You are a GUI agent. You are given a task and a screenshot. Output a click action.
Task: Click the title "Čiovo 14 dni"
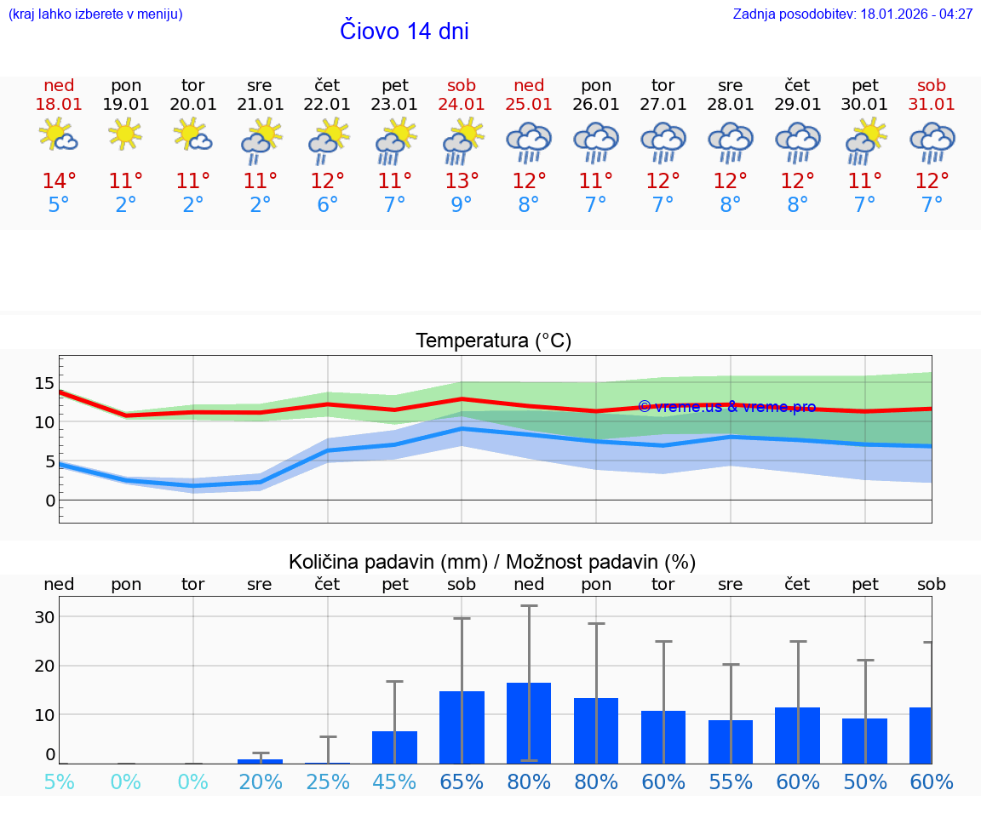404,31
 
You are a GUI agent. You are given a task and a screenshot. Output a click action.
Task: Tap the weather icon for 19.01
125,135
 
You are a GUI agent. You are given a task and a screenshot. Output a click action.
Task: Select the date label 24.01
462,105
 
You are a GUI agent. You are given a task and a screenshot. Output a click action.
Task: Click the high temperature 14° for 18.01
59,181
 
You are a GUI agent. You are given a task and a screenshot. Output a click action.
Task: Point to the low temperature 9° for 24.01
462,205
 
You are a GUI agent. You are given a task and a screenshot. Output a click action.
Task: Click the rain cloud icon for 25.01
529,142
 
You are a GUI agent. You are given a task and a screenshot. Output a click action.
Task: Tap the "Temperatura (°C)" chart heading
493,341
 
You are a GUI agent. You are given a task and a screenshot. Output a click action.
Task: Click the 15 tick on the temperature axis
44,382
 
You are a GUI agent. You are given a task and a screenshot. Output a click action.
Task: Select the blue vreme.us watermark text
726,407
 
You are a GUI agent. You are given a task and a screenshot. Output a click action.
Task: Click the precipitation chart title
492,562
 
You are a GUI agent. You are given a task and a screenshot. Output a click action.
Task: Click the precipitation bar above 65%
462,727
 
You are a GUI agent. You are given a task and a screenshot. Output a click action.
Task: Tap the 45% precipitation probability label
394,781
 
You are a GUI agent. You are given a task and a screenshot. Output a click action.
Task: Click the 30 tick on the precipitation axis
44,617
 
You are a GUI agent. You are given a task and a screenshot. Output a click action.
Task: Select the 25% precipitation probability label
328,781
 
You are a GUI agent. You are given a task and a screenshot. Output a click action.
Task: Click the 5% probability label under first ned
59,781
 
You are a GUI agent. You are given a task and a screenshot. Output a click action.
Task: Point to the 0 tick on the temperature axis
49,501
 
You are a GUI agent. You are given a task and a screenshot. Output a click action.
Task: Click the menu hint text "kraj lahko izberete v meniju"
95,14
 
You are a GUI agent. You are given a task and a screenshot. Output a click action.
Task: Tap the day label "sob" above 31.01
931,85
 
